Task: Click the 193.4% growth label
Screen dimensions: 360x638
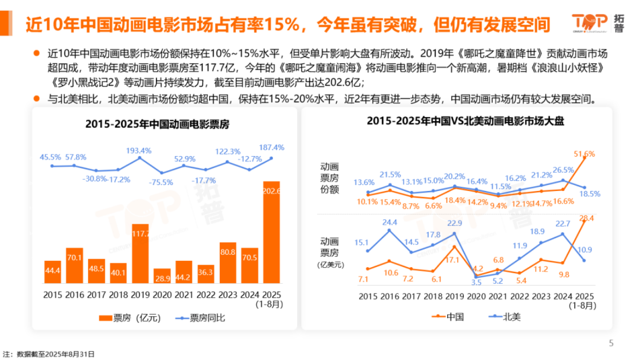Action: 138,150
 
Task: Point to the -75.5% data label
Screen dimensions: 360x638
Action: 160,182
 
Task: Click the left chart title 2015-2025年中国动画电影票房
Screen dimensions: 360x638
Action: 157,124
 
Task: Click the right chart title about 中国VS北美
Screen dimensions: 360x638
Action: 458,121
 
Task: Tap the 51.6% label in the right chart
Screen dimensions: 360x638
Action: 584,154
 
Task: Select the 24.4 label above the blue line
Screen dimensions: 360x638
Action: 390,222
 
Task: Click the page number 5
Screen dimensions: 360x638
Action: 611,343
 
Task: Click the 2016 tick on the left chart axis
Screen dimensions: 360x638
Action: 75,295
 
